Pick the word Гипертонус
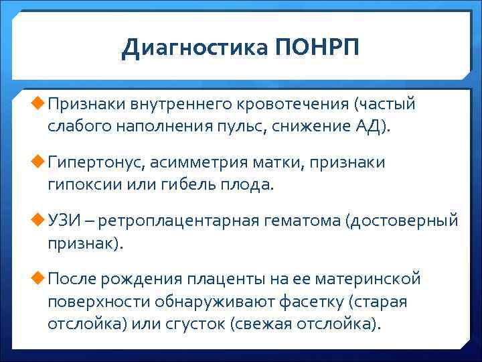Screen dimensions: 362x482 coord(96,163)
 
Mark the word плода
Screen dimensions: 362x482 coord(250,185)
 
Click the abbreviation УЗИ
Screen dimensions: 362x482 coord(66,221)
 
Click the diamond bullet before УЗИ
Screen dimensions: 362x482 coord(37,220)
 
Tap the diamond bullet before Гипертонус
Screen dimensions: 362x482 coord(37,162)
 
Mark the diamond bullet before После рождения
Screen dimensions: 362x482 coord(37,278)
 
